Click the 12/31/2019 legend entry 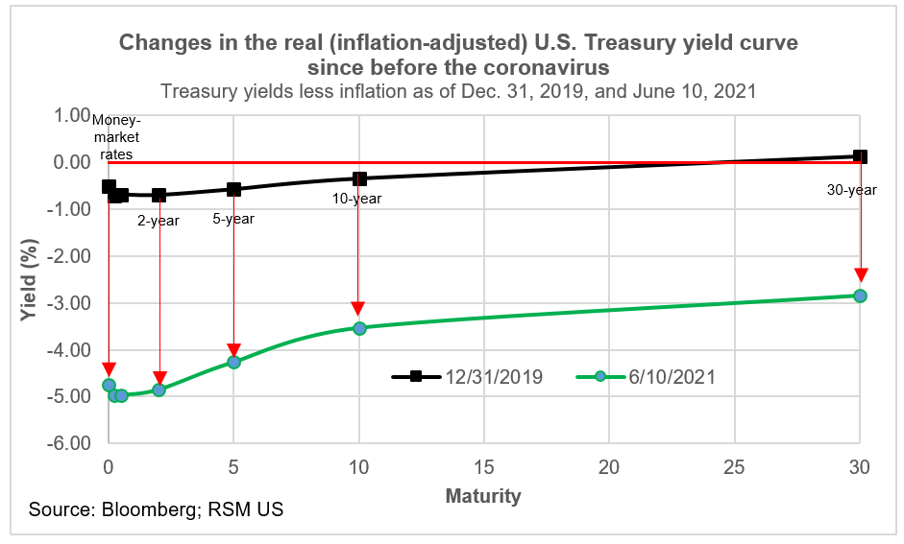point(467,377)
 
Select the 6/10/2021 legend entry point(646,377)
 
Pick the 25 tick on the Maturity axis point(735,467)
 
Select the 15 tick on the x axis point(484,467)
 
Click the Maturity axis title point(483,496)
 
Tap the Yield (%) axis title point(29,278)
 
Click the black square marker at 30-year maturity point(860,156)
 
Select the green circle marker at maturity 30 point(860,296)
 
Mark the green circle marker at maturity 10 point(359,328)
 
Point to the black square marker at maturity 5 point(233,189)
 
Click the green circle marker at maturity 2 point(159,390)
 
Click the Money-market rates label point(114,136)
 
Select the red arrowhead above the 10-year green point point(358,308)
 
